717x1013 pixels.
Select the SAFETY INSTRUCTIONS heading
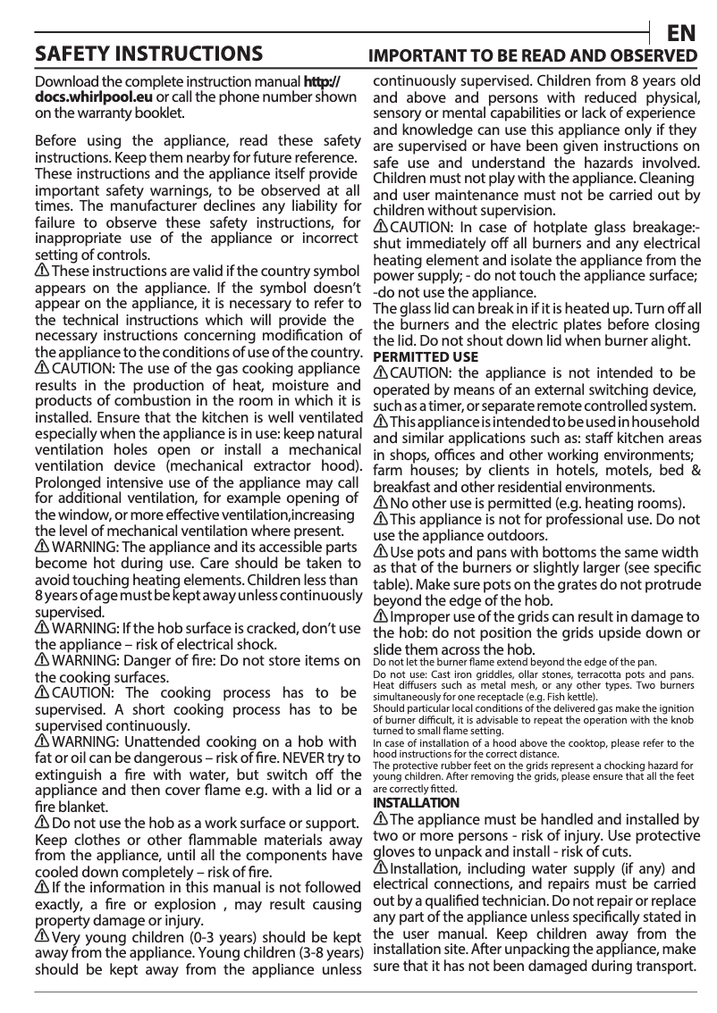[148, 54]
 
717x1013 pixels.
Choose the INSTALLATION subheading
[416, 802]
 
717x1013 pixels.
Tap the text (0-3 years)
[207, 937]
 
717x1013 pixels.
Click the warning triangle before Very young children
[41, 936]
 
